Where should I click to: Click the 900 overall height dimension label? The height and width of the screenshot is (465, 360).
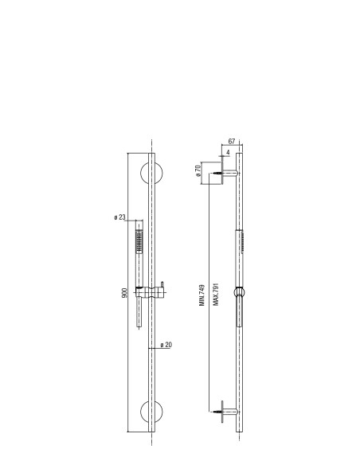(x=124, y=293)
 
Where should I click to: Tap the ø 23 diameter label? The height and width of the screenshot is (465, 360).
(x=119, y=217)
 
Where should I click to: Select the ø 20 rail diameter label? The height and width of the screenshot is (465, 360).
(x=166, y=345)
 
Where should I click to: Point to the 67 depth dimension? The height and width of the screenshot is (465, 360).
(x=232, y=142)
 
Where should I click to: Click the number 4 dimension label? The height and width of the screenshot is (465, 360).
(x=228, y=152)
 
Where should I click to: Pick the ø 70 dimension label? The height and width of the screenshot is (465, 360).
(x=198, y=170)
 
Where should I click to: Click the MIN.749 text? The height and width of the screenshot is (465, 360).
(x=202, y=295)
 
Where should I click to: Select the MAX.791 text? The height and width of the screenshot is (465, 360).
(x=216, y=294)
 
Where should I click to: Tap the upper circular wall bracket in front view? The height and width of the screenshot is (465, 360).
(x=151, y=174)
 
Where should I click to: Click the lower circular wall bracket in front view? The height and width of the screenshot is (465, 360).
(x=151, y=412)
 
